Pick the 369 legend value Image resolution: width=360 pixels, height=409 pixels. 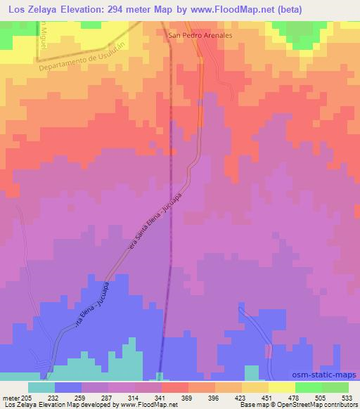[x=188, y=398]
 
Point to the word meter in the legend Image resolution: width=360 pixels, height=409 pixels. [x=12, y=398]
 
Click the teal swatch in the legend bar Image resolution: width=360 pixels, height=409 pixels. [x=41, y=387]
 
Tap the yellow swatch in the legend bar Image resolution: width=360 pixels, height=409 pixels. [x=282, y=387]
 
